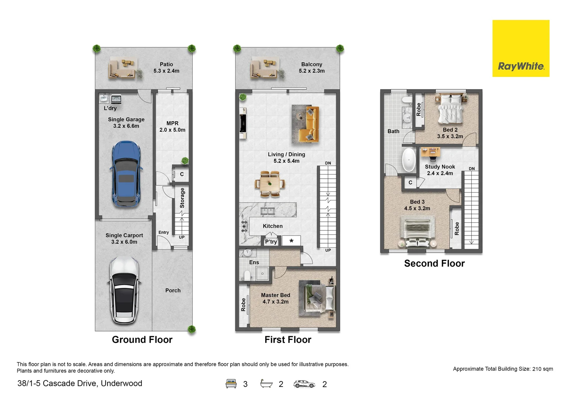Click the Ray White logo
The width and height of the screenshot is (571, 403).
tap(521, 49)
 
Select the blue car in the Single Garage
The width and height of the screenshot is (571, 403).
tap(126, 174)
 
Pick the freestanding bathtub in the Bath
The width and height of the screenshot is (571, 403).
tap(409, 160)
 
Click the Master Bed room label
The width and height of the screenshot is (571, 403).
tap(275, 295)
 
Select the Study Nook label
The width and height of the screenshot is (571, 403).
tap(440, 167)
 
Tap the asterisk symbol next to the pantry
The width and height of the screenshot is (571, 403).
tap(291, 241)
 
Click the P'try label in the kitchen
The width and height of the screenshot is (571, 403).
tap(271, 242)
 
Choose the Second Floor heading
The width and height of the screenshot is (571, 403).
tap(434, 263)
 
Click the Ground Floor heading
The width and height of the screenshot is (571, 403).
tap(142, 340)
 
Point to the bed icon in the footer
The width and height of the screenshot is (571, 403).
tap(231, 384)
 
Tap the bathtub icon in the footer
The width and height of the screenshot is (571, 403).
tap(266, 384)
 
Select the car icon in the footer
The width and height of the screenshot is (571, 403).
tap(304, 384)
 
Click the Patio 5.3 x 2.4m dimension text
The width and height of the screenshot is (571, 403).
tap(166, 71)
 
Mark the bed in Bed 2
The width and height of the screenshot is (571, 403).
tap(450, 109)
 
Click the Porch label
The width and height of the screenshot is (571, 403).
tap(173, 290)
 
